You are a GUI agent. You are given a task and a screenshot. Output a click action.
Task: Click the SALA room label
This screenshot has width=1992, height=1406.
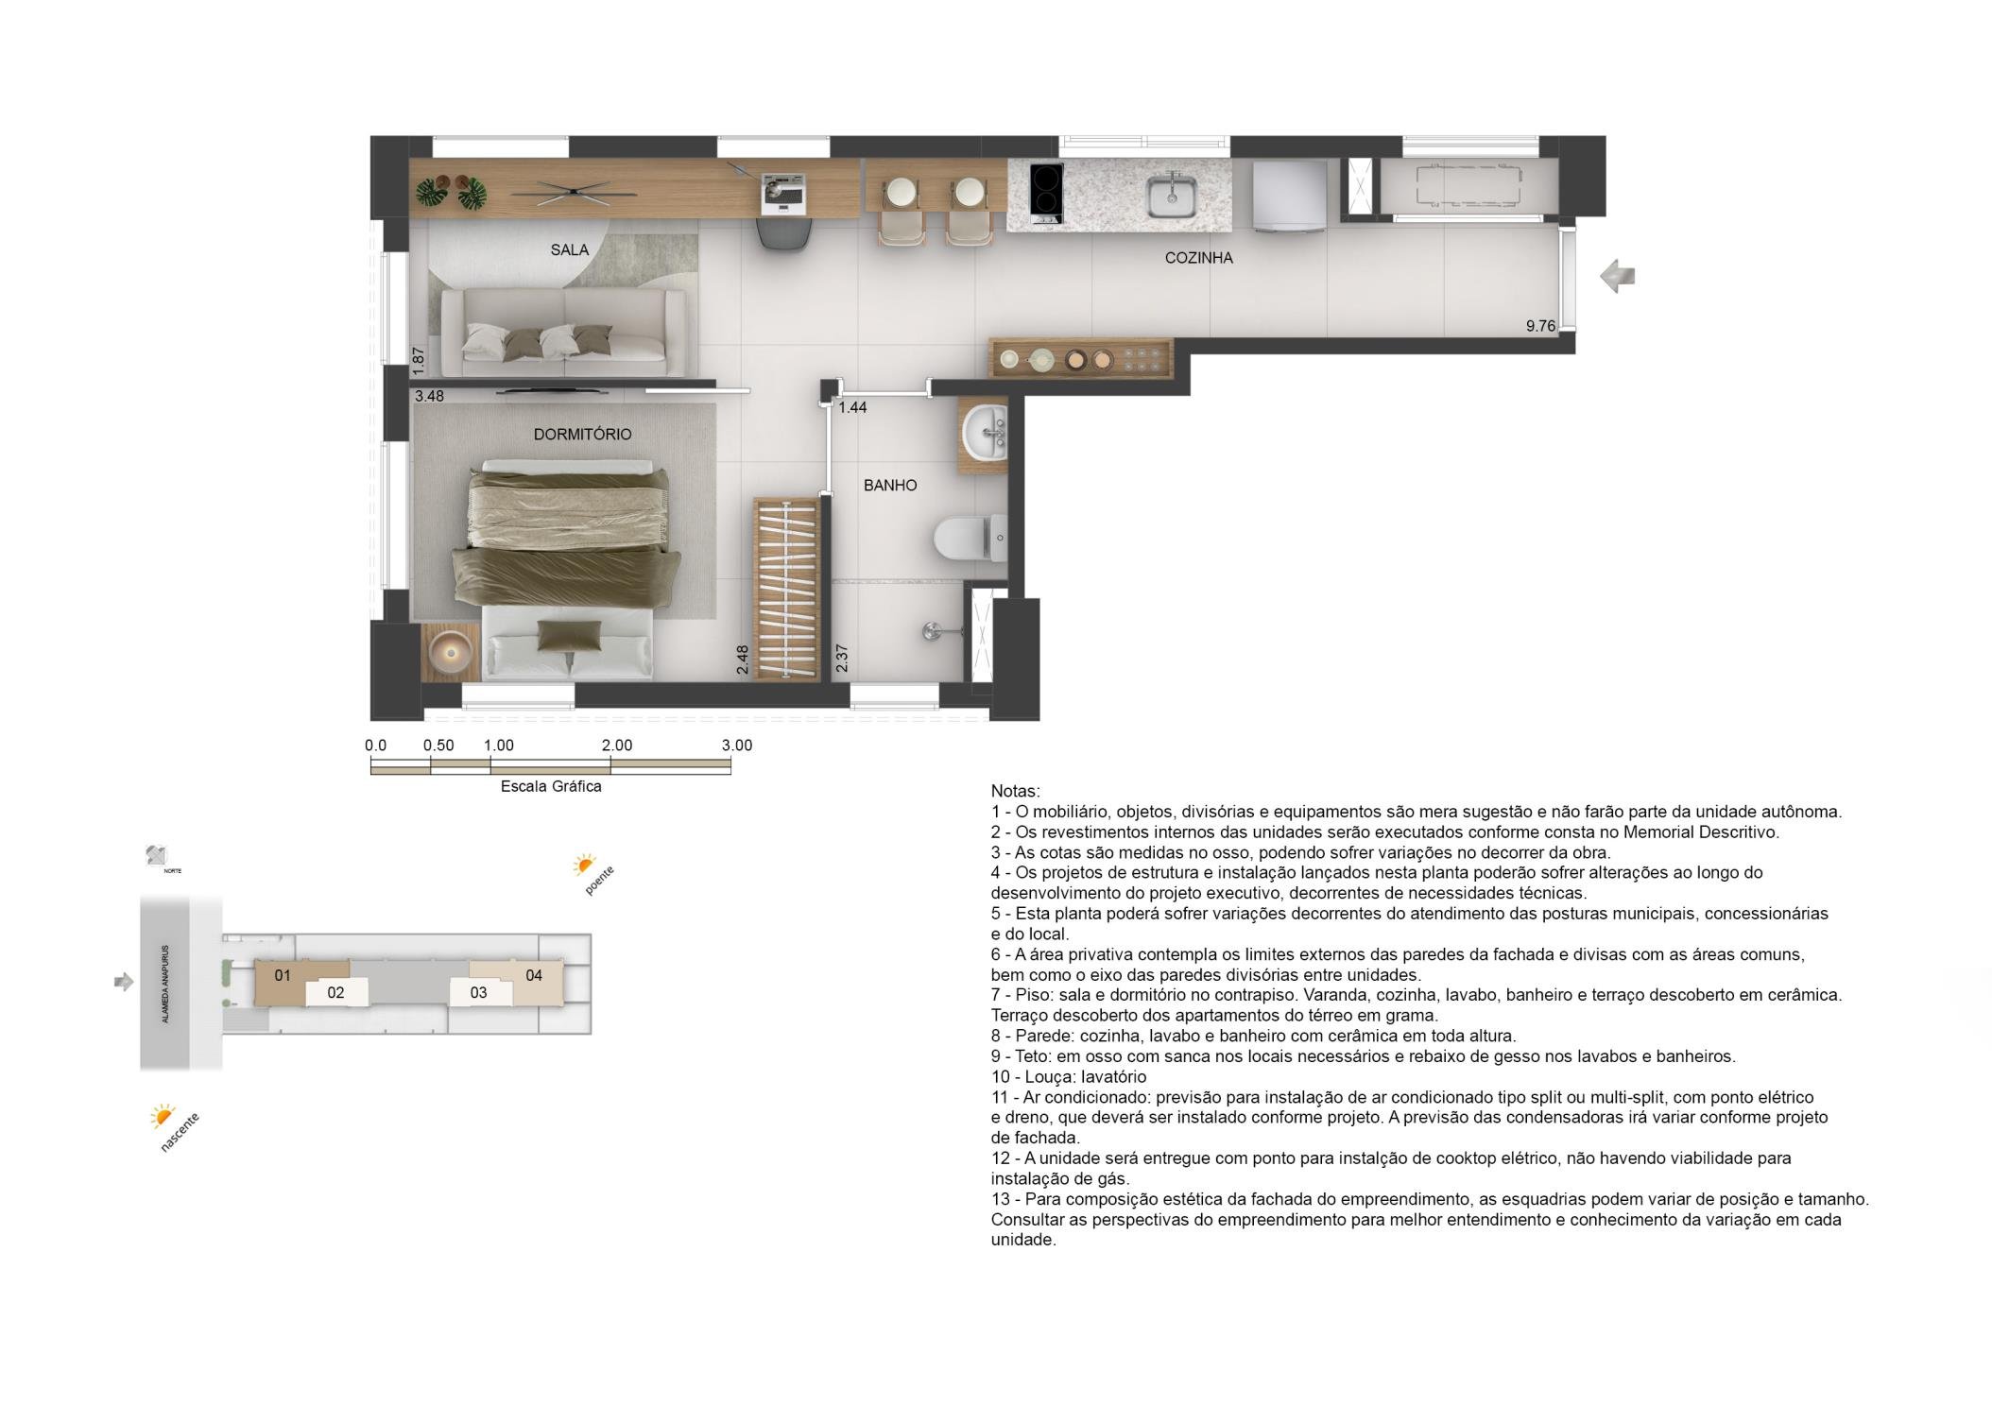pos(570,250)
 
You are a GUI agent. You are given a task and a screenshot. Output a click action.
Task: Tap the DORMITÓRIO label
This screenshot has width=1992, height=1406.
pos(582,435)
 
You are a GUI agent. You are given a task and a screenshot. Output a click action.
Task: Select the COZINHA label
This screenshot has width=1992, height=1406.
pos(1198,258)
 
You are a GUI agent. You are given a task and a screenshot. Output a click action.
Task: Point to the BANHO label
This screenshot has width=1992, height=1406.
pos(890,486)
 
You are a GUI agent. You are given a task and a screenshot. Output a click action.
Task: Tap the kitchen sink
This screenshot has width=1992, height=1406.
pos(1172,197)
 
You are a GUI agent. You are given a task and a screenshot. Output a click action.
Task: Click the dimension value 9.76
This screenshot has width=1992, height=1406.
pos(1540,326)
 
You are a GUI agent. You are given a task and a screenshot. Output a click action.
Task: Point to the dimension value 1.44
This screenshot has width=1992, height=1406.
pos(852,408)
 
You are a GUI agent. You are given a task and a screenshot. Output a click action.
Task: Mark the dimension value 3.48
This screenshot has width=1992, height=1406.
pos(429,397)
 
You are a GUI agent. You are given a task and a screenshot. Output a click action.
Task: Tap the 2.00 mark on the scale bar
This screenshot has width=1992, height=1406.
pos(617,746)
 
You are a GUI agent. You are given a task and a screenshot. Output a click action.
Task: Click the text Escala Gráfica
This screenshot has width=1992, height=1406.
pos(551,786)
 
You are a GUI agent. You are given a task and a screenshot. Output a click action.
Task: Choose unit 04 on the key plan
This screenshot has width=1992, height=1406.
pos(534,975)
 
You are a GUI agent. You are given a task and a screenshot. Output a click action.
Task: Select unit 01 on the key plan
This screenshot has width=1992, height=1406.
pos(283,975)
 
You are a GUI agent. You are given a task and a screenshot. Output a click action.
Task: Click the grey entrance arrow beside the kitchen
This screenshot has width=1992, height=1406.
pos(1617,276)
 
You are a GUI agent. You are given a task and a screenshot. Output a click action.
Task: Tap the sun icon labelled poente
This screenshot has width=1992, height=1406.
pos(583,865)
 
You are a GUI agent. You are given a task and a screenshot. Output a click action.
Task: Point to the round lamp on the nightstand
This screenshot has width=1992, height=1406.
pos(450,651)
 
